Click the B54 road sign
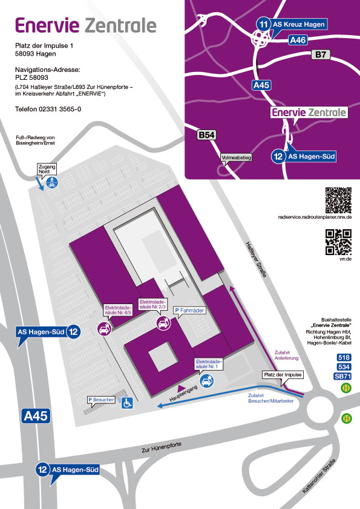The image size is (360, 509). [207, 135]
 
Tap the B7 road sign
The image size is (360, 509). [321, 54]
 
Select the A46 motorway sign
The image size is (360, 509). [298, 40]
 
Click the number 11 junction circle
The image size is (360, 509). [264, 24]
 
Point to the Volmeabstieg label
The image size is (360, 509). [236, 158]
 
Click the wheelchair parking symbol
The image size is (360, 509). [127, 403]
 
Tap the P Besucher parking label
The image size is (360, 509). [102, 400]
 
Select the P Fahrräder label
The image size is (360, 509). [189, 310]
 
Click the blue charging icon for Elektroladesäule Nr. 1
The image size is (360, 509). [207, 380]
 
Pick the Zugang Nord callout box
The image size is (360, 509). [47, 169]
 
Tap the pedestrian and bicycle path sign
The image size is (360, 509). [52, 183]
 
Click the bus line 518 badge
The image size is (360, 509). [344, 357]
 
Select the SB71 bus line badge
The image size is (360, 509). [342, 376]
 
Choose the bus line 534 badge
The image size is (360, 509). [344, 367]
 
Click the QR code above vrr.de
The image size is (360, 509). [338, 242]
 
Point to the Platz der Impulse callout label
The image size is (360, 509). [283, 375]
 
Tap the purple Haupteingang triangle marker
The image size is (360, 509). [182, 387]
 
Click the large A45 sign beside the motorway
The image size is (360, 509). [36, 416]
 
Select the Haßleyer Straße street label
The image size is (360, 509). [256, 260]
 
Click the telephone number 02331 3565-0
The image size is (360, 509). [60, 109]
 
